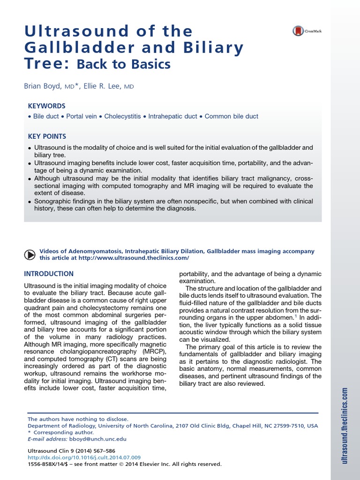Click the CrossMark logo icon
click(x=298, y=31)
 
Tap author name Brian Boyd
click(x=43, y=86)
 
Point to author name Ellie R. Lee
click(x=102, y=86)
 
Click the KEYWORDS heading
click(x=46, y=106)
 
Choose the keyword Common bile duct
click(x=231, y=116)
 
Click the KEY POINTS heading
click(x=47, y=136)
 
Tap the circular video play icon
click(x=29, y=255)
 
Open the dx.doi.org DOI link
click(x=84, y=457)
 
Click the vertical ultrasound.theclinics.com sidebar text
click(x=345, y=426)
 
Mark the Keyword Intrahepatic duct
click(x=172, y=116)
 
